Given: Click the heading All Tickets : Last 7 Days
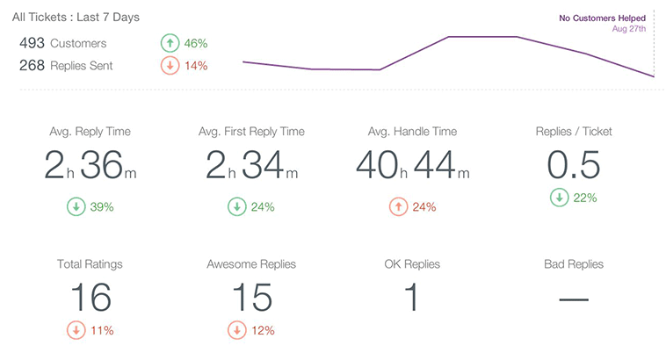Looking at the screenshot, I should point(76,18).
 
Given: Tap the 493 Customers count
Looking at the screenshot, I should point(62,43).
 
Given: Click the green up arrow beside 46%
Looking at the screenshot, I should point(170,43).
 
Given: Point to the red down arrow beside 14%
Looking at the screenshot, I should point(170,65).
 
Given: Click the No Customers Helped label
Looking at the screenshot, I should point(602,18).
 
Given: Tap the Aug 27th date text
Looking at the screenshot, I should point(628,28).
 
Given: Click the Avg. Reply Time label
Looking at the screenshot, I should point(90,132).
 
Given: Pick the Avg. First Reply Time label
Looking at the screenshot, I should point(251,132).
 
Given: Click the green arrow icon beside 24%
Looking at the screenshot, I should point(236,207).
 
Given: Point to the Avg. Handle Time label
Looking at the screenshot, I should point(412,132).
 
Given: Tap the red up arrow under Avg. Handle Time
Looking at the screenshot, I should point(397,207).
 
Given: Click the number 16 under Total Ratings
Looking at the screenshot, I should point(90,298).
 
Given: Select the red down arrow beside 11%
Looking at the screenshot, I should point(76,331).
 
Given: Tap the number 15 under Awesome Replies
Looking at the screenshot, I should point(251,298).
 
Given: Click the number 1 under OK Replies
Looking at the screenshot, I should point(411,298).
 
